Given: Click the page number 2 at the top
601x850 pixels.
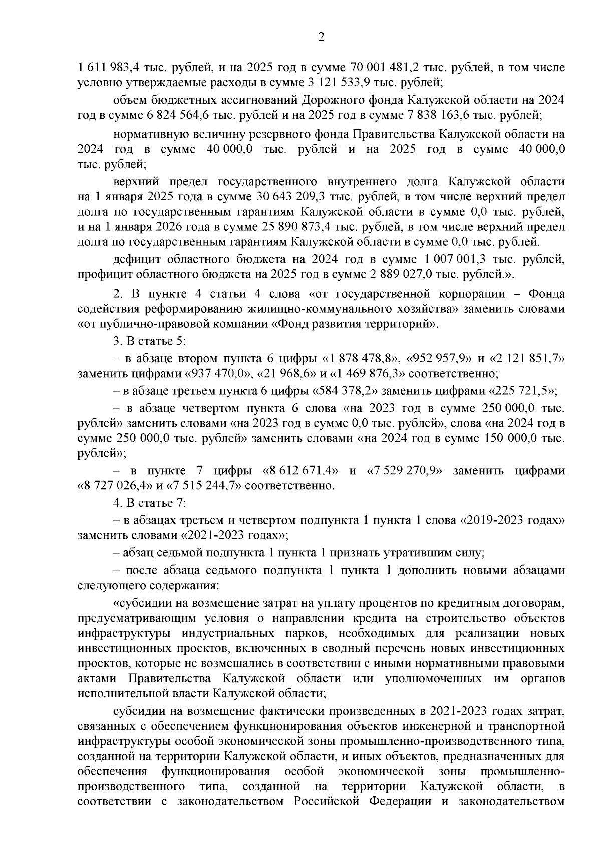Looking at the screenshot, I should click(x=321, y=37).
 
